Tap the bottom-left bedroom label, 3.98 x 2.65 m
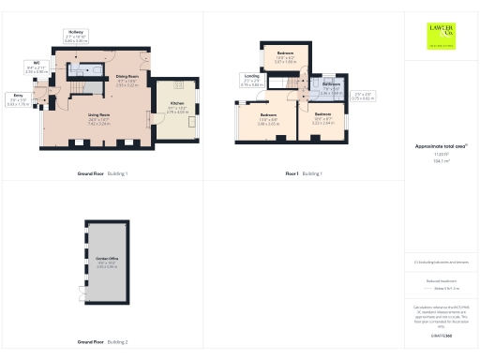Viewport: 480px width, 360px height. [x=269, y=120]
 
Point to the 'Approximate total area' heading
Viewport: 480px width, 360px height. [x=441, y=147]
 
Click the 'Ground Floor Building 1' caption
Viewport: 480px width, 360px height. [x=102, y=174]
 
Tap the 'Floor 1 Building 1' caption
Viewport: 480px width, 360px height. [x=304, y=174]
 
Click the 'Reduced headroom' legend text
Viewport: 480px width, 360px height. [x=441, y=280]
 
